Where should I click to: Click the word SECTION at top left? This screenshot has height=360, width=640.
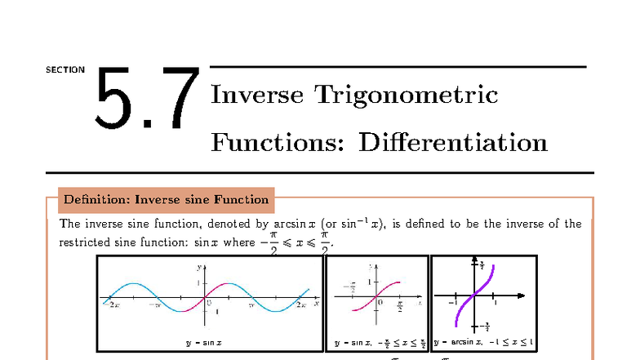point(65,69)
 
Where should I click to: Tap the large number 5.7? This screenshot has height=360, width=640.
point(147,99)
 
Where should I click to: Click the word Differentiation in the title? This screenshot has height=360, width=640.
point(453,143)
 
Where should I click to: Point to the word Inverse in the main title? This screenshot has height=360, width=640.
point(257,95)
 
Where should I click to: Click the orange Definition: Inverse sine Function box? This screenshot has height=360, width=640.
point(166,199)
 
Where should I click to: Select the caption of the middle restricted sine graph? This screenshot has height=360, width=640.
point(376,343)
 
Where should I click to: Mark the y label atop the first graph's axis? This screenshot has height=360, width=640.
point(198,267)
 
